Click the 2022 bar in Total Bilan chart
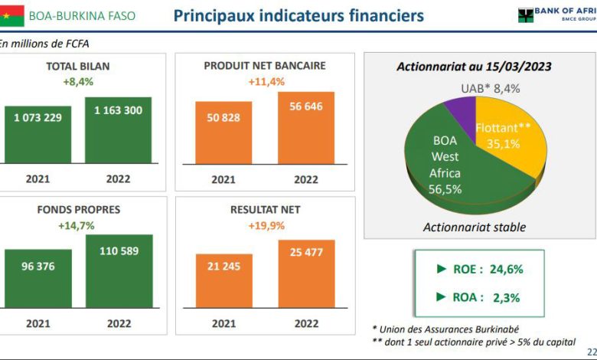pyautogui.click(x=118, y=130)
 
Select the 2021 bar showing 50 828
pyautogui.click(x=223, y=133)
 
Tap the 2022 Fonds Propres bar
pyautogui.click(x=119, y=271)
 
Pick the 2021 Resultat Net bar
pyautogui.click(x=224, y=281)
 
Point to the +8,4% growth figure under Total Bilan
pyautogui.click(x=78, y=82)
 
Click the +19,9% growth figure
pyautogui.click(x=266, y=226)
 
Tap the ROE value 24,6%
pyautogui.click(x=507, y=270)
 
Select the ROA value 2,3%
pyautogui.click(x=507, y=297)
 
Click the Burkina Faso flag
pyautogui.click(x=11, y=16)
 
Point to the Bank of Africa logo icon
pyautogui.click(x=525, y=15)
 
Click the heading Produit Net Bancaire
pyautogui.click(x=265, y=66)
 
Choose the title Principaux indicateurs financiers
pyautogui.click(x=298, y=16)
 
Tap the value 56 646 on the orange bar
pyautogui.click(x=306, y=106)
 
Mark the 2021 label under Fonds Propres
pyautogui.click(x=38, y=323)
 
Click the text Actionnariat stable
pyautogui.click(x=475, y=227)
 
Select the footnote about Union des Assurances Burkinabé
pyautogui.click(x=445, y=329)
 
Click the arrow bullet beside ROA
pyautogui.click(x=441, y=296)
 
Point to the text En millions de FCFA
pyautogui.click(x=44, y=44)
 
